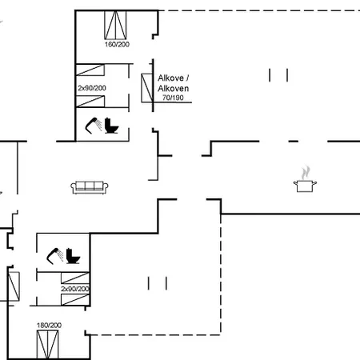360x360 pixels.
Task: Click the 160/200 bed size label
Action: click(x=117, y=44)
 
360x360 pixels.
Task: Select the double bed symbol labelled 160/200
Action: click(x=115, y=25)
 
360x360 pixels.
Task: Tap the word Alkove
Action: click(x=170, y=78)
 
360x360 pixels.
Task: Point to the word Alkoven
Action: click(x=174, y=88)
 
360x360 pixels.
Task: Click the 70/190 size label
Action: click(x=173, y=98)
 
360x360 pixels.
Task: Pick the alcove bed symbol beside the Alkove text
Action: click(x=147, y=88)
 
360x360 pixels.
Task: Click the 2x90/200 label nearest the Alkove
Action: click(x=92, y=88)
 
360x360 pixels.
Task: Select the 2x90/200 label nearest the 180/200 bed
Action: click(x=75, y=289)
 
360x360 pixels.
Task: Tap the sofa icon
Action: click(x=90, y=187)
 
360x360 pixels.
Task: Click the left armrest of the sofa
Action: click(x=74, y=187)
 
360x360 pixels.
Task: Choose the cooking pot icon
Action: click(x=305, y=186)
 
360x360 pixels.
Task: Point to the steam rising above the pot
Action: click(x=306, y=173)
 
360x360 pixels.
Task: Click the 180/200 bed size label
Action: click(x=49, y=326)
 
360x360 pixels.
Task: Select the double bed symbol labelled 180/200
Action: click(x=47, y=345)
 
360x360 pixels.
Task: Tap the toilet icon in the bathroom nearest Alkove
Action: click(x=111, y=126)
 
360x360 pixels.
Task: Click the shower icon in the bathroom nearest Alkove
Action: click(x=93, y=125)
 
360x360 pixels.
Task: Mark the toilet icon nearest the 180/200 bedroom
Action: click(x=73, y=256)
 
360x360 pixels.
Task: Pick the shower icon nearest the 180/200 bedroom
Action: click(x=54, y=256)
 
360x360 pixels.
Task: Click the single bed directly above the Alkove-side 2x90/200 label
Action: click(x=90, y=70)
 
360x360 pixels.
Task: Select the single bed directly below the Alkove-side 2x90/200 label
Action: click(x=90, y=102)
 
